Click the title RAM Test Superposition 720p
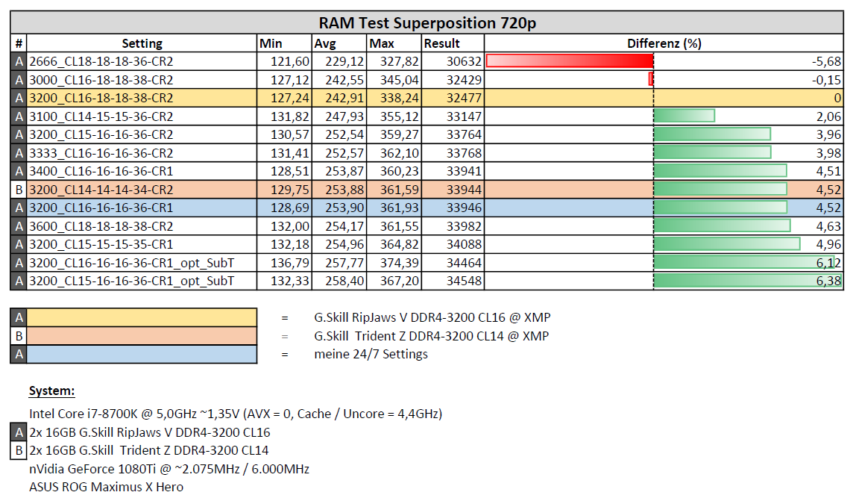pyautogui.click(x=427, y=23)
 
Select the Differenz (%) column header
pyautogui.click(x=664, y=43)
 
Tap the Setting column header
pyautogui.click(x=142, y=43)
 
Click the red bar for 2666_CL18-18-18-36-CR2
pyautogui.click(x=570, y=61)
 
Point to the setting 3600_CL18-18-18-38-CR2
pyautogui.click(x=101, y=226)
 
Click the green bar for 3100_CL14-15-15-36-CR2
pyautogui.click(x=684, y=116)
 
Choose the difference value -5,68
pyautogui.click(x=827, y=61)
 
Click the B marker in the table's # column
pyautogui.click(x=19, y=190)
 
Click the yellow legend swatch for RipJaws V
pyautogui.click(x=142, y=317)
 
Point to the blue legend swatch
pyautogui.click(x=142, y=354)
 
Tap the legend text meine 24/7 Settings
pyautogui.click(x=371, y=354)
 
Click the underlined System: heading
pyautogui.click(x=51, y=390)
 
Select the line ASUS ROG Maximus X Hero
pyautogui.click(x=106, y=487)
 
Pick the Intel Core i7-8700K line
pyautogui.click(x=236, y=414)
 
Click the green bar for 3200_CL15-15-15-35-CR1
pyautogui.click(x=727, y=244)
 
